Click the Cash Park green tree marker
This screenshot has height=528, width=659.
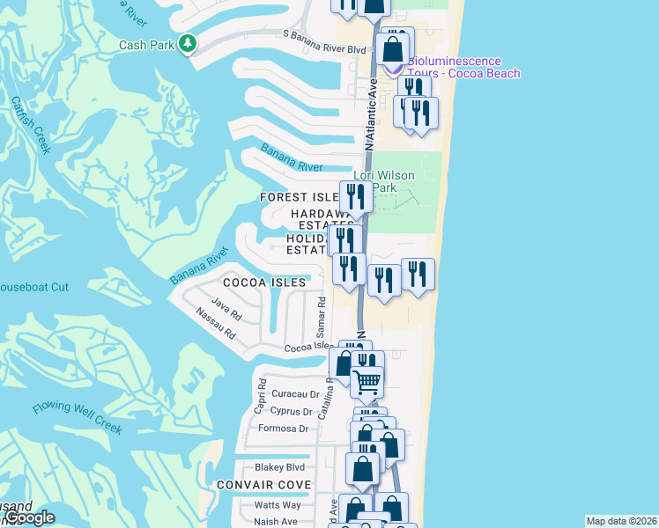click(x=187, y=43)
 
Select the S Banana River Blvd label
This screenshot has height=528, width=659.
click(x=323, y=49)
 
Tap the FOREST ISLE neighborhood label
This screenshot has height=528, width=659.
click(x=299, y=197)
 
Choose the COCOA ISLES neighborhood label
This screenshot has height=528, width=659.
click(x=264, y=282)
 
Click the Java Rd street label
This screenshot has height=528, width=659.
click(x=226, y=307)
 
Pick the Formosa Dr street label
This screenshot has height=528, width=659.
click(x=283, y=429)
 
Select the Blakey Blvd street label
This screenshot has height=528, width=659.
click(x=279, y=467)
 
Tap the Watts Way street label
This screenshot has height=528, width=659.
click(x=278, y=504)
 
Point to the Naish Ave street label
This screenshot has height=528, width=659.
click(x=276, y=521)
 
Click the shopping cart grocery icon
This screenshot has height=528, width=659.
click(x=367, y=382)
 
